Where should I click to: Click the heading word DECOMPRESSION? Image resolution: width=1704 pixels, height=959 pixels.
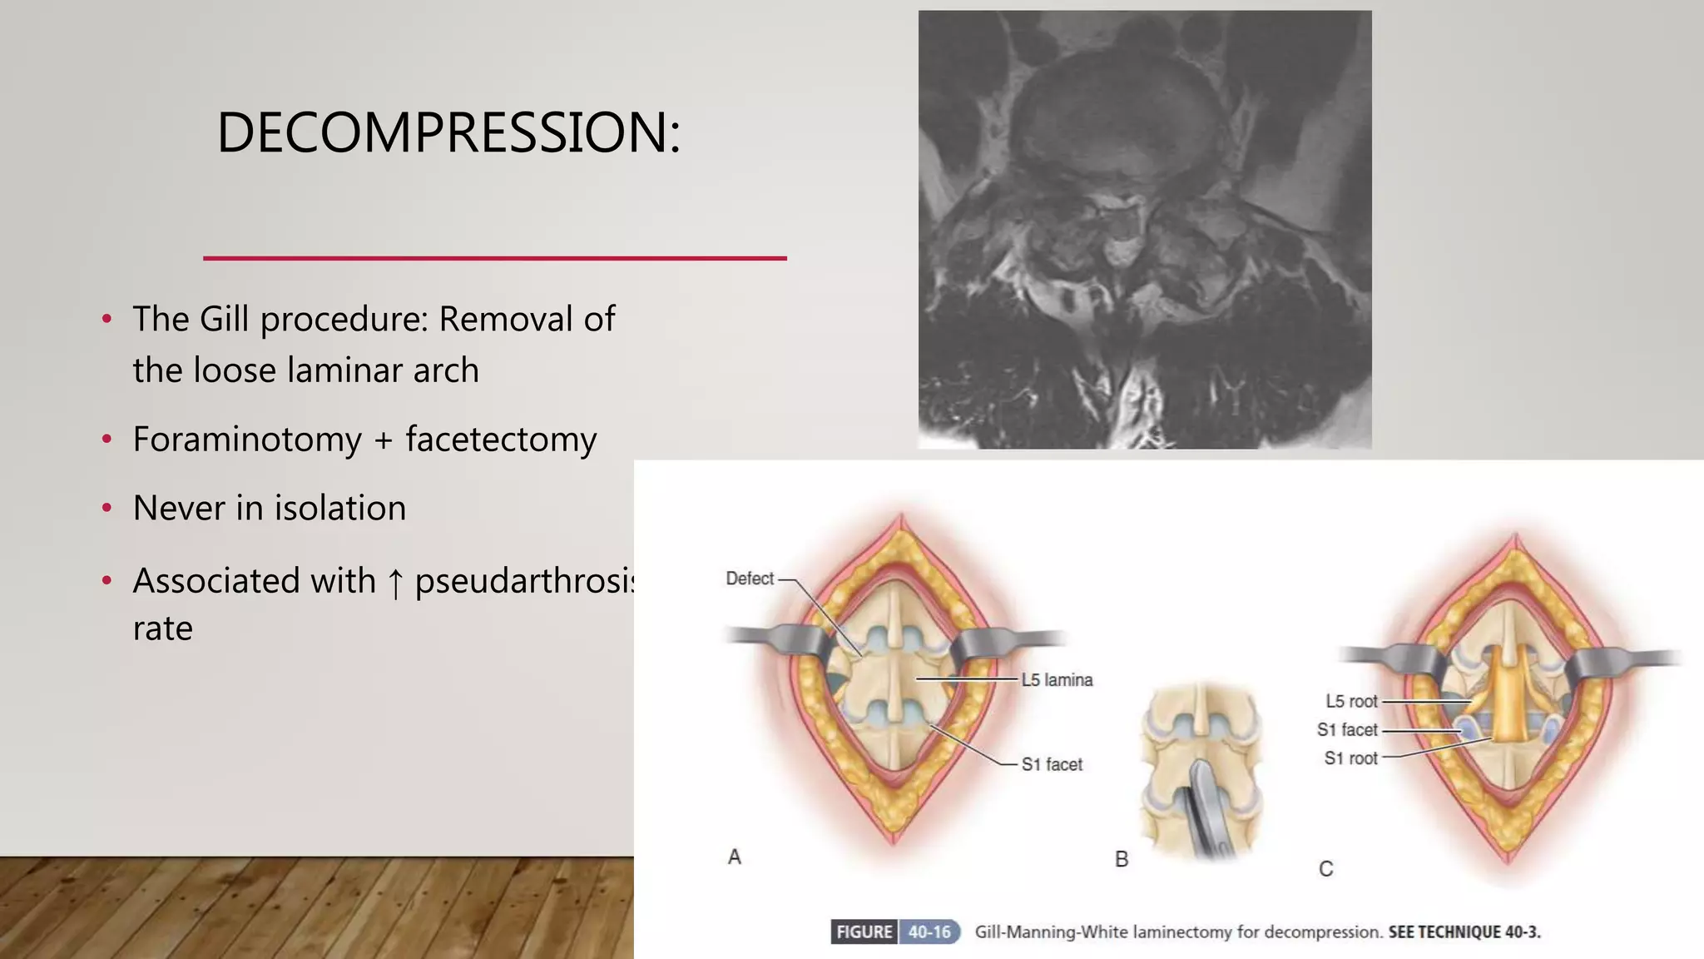point(448,133)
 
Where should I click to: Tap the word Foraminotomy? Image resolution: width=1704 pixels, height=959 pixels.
point(247,439)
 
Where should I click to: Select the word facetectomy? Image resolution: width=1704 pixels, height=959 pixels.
point(501,439)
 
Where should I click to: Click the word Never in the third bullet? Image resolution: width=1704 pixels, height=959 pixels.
point(178,508)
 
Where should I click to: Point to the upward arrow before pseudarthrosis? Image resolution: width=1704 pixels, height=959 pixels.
point(396,582)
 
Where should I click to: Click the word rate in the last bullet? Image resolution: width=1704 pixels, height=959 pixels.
point(162,629)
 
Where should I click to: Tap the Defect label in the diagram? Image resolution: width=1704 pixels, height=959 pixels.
point(749,579)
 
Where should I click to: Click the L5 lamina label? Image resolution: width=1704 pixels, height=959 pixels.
point(1057,680)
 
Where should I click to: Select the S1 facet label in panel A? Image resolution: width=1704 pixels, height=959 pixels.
point(1052,764)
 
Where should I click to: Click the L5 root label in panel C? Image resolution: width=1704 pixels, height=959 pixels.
point(1351,702)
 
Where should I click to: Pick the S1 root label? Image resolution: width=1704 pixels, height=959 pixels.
point(1350,758)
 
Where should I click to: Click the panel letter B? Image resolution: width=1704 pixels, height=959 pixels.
point(1122,859)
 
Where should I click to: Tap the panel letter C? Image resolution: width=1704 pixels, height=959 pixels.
point(1326,869)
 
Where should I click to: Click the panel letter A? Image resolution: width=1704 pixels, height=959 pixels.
point(734,857)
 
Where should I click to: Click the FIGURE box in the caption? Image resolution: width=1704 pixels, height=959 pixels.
point(864,932)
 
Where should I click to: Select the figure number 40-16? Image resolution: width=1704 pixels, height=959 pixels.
point(929,932)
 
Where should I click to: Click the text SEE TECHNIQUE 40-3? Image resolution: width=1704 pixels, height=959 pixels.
point(1464,932)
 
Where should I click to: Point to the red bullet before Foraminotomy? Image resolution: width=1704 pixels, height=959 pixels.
point(106,439)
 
